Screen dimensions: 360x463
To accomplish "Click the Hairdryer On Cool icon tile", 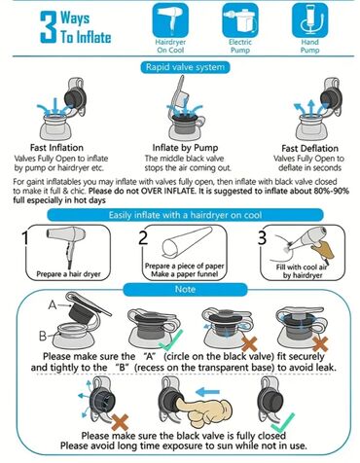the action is pyautogui.click(x=170, y=20).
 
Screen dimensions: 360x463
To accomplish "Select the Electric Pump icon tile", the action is pyautogui.click(x=240, y=20).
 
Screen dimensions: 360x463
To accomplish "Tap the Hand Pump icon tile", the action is pyautogui.click(x=309, y=20).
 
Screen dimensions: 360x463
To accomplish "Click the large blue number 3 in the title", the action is pyautogui.click(x=49, y=27).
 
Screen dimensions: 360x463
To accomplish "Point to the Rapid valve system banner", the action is pyautogui.click(x=185, y=67).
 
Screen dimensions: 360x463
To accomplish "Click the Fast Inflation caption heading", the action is pyautogui.click(x=56, y=148).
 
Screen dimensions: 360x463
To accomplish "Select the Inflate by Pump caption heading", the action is pyautogui.click(x=185, y=148).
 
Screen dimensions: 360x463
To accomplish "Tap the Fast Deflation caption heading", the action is pyautogui.click(x=309, y=149).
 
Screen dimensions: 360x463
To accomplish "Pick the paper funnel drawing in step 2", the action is pyautogui.click(x=186, y=244).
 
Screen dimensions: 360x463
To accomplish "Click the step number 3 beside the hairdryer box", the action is pyautogui.click(x=262, y=237).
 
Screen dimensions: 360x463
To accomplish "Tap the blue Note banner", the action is pyautogui.click(x=185, y=289).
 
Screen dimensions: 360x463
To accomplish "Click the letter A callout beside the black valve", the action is pyautogui.click(x=53, y=304).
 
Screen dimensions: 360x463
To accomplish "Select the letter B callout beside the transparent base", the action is pyautogui.click(x=43, y=336).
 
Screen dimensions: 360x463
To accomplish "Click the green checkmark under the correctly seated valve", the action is pyautogui.click(x=171, y=340).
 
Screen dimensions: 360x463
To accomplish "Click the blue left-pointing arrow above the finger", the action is pyautogui.click(x=208, y=392).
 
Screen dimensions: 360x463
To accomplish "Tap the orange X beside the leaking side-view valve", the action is pyautogui.click(x=120, y=422).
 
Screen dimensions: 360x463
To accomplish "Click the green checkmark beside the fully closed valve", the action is pyautogui.click(x=283, y=423).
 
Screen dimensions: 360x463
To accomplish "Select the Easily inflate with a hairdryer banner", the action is pyautogui.click(x=185, y=215).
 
